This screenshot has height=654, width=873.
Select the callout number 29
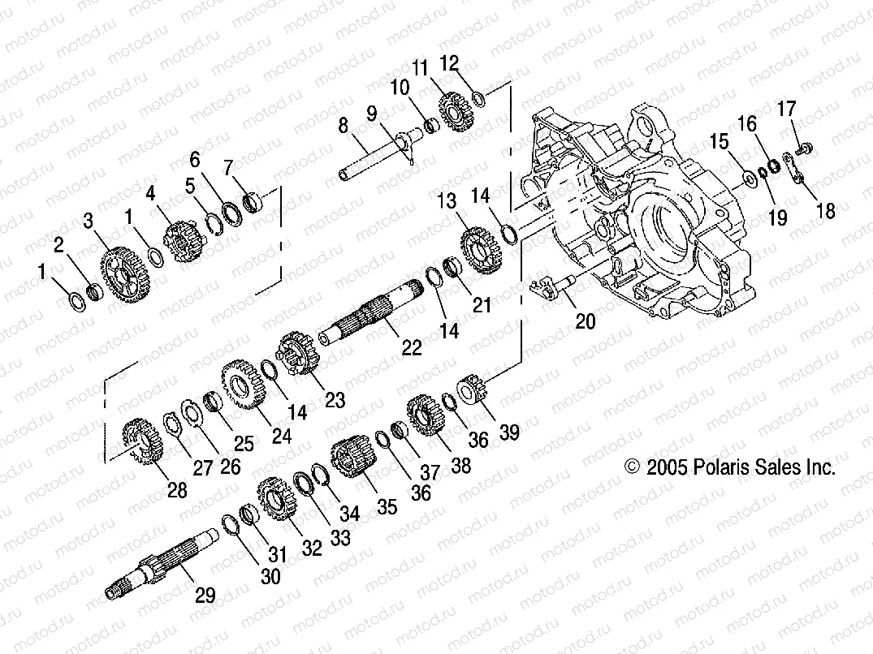tap(205, 596)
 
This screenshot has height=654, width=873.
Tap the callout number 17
tap(787, 109)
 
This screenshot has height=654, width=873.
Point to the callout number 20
tap(585, 322)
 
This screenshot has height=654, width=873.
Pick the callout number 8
tap(343, 125)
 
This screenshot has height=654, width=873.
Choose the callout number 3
tap(88, 221)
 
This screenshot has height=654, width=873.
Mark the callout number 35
tap(387, 507)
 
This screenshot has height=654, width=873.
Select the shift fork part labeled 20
tap(549, 287)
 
